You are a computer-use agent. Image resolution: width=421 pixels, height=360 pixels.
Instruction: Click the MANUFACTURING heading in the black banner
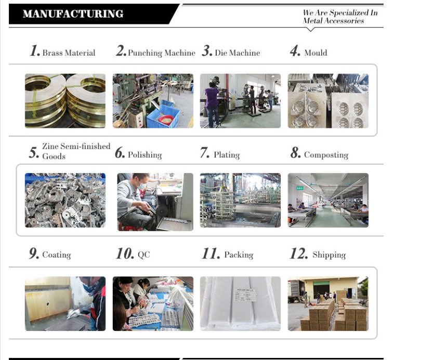[x=73, y=14]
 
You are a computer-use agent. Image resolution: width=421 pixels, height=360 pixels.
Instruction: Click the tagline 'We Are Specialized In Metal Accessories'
[x=340, y=17]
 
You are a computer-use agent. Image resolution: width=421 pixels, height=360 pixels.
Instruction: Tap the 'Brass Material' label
[x=69, y=52]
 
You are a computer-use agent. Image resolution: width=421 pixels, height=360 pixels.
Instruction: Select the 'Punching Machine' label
[x=162, y=53]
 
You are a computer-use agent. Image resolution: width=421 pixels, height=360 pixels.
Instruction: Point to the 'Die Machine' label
[x=238, y=52]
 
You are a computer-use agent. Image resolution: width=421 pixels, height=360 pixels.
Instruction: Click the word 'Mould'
[x=316, y=52]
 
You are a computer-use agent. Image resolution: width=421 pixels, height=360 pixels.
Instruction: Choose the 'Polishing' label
[x=145, y=155]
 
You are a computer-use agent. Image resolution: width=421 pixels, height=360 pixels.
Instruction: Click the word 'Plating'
[x=227, y=155]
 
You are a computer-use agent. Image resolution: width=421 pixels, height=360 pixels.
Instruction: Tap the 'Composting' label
[x=326, y=155]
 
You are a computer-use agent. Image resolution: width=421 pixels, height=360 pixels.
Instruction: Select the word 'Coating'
[x=57, y=255]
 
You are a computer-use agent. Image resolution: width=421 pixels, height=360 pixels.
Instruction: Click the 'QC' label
[x=144, y=255]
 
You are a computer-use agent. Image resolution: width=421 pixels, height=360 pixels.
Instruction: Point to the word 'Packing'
[x=239, y=255]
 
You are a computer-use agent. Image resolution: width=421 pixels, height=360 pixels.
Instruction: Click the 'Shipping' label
[x=329, y=255]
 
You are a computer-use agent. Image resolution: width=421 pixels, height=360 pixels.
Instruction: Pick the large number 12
[x=299, y=254]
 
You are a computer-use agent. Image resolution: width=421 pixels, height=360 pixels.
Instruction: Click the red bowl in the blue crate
[x=166, y=119]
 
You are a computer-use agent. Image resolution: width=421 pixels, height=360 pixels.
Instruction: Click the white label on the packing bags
[x=245, y=295]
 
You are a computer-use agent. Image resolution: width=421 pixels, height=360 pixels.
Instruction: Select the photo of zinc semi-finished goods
[x=65, y=200]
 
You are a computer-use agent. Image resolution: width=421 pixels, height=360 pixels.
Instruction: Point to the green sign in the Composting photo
[x=300, y=189]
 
